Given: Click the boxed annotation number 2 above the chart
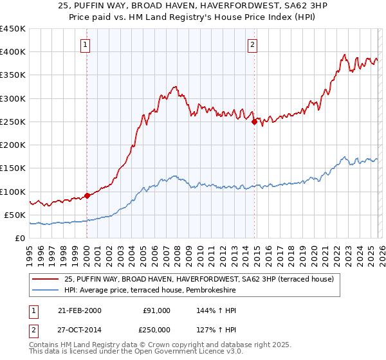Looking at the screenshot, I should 253,44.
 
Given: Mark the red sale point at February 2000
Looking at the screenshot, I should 87,196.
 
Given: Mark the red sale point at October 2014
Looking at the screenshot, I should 254,122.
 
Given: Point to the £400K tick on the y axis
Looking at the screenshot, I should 14,52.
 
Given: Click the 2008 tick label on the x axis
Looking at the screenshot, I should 177,254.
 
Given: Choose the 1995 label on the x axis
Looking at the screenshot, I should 30,254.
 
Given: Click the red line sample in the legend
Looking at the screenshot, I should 46,279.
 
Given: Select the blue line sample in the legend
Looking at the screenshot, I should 46,291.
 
